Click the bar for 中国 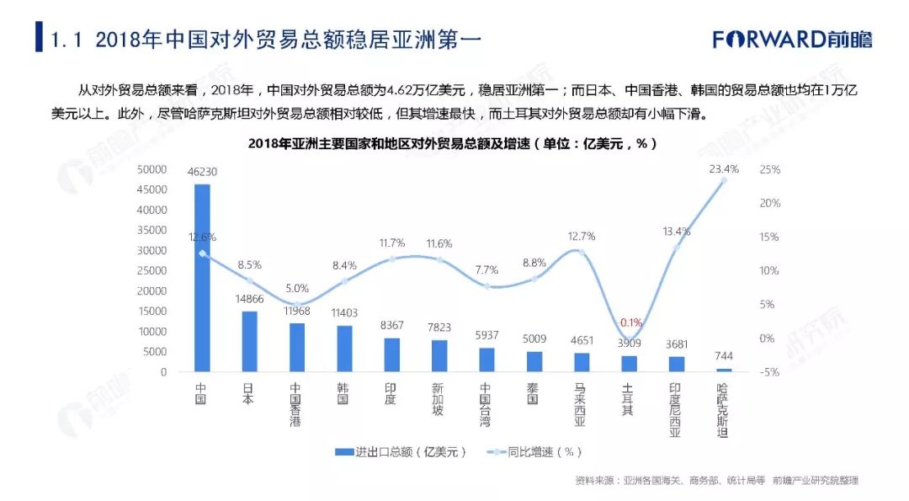click(202, 278)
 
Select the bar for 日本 click(249, 342)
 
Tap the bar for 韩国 click(344, 349)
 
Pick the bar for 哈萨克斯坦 click(724, 370)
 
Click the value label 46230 click(202, 172)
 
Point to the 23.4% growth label click(724, 168)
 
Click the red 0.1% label click(630, 322)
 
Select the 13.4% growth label click(676, 232)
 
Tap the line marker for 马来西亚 click(582, 253)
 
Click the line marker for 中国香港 click(297, 304)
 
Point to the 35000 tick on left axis click(151, 230)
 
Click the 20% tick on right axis click(770, 203)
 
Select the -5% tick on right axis click(770, 371)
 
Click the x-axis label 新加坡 click(439, 399)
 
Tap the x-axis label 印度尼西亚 click(675, 410)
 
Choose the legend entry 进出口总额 click(401, 451)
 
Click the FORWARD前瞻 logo click(792, 39)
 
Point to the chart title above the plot click(453, 143)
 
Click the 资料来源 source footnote click(716, 480)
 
